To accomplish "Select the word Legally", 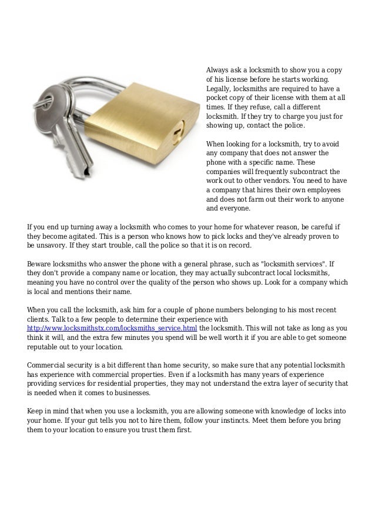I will coord(219,89).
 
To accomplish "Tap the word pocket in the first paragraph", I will coord(217,98).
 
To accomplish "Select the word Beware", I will coord(40,264).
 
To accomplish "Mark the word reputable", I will coord(46,346).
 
